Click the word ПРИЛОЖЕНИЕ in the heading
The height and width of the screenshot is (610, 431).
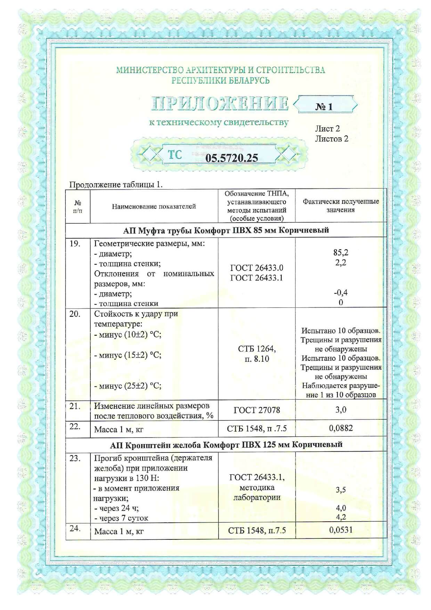point(220,104)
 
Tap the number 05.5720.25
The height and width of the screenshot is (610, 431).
point(231,158)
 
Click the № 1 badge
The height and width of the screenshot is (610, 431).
point(324,106)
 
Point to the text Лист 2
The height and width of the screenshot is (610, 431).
point(327,129)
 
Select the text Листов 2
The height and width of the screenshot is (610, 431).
point(331,139)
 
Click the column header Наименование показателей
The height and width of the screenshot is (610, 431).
point(154,206)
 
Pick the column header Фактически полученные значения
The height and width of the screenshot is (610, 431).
point(340,206)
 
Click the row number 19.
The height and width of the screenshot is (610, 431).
point(75,243)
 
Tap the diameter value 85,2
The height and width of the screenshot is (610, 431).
point(341,252)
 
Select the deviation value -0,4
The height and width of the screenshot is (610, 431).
point(341,292)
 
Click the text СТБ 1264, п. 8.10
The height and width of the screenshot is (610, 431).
point(257,354)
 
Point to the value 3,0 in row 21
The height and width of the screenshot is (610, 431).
point(341,410)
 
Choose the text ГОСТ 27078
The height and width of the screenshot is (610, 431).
point(257,410)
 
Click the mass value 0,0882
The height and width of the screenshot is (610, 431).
point(341,428)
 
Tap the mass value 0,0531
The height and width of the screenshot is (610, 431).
point(341,530)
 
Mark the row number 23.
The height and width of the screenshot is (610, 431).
point(75,458)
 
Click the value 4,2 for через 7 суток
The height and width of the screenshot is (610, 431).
point(341,517)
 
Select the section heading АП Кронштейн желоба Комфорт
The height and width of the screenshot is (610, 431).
point(226,445)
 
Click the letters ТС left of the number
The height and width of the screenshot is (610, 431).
point(175,154)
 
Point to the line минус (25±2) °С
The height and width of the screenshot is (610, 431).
point(128,386)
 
